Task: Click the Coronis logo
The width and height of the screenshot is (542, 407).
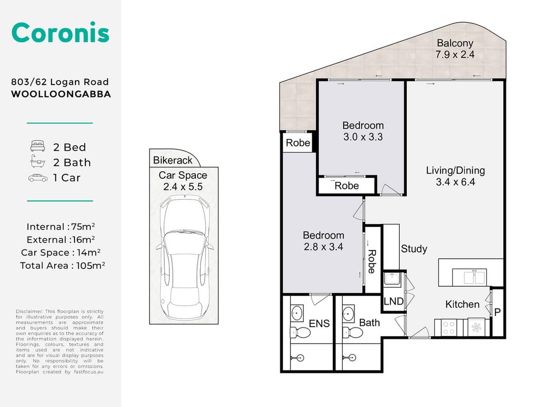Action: coord(60,33)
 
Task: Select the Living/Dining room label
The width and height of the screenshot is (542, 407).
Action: coord(455,176)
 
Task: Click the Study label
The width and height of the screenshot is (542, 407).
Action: coord(414,249)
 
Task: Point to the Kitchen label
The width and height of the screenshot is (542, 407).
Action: coord(462,304)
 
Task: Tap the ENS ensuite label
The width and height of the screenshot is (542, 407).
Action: coord(319,323)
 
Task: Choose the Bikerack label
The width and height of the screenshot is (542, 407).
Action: coord(173,160)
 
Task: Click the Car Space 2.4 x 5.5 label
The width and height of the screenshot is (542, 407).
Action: coord(183,181)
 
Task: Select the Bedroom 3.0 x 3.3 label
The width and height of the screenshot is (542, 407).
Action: coord(363,131)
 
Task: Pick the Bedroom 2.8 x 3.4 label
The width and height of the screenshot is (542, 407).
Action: coord(323,241)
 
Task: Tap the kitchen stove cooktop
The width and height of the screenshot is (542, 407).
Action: coord(449,327)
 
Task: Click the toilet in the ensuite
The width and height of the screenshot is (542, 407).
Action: coord(300,333)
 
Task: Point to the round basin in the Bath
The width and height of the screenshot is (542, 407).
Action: coord(348,312)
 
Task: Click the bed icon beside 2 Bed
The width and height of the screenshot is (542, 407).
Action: coord(38,147)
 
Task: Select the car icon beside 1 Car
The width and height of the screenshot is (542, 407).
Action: coord(38,178)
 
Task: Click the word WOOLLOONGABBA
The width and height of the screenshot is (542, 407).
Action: coord(61,95)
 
